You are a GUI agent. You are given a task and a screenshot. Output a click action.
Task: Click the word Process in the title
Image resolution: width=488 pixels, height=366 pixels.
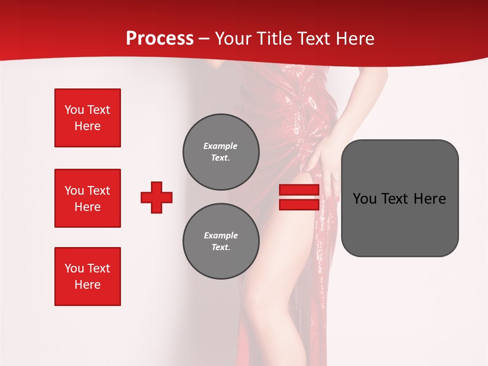click(160, 39)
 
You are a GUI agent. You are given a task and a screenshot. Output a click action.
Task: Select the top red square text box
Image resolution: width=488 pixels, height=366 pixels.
click(87, 118)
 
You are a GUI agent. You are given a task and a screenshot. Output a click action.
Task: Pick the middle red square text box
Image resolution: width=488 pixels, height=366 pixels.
click(87, 198)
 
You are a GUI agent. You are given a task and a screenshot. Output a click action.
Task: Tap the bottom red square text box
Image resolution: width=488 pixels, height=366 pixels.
click(87, 277)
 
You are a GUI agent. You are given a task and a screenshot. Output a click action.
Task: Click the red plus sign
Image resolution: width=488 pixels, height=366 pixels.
click(157, 197)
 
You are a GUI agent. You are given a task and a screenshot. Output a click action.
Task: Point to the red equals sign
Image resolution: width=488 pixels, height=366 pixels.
click(299, 197)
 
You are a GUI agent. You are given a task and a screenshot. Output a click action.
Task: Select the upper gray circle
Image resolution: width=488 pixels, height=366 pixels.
click(221, 152)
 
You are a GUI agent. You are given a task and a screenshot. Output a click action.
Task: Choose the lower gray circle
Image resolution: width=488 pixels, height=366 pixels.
click(221, 241)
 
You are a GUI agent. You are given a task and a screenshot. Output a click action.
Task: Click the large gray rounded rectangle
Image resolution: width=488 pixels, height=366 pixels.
click(400, 198)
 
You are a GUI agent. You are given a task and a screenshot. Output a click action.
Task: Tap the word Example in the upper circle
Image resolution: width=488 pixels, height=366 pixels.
click(220, 146)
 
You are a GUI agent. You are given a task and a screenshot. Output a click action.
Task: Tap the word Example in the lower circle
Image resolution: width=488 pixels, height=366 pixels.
click(221, 235)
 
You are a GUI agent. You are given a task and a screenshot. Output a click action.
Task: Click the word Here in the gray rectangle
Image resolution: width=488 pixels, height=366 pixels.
click(430, 199)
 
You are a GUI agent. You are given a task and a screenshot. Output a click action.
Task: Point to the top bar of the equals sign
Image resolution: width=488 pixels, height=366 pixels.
click(299, 190)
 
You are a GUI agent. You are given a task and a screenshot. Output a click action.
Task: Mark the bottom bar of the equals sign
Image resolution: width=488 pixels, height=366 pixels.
click(299, 204)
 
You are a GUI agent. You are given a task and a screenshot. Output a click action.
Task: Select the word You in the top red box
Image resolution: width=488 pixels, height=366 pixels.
click(74, 110)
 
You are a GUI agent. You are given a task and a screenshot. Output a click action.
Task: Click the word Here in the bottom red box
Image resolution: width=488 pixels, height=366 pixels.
click(87, 285)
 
